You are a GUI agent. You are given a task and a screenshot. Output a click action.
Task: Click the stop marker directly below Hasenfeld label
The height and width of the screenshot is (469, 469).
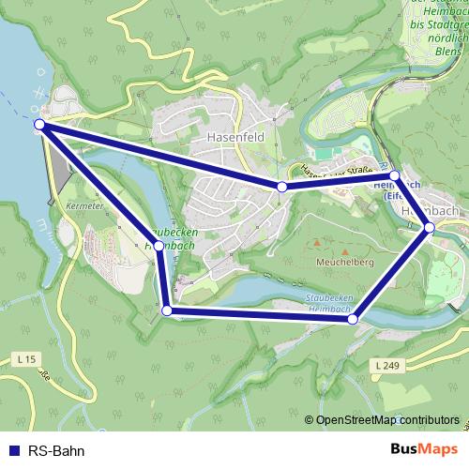coord(282,187)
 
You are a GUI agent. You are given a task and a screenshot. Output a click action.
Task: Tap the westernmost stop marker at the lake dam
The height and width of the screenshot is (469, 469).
coord(39,124)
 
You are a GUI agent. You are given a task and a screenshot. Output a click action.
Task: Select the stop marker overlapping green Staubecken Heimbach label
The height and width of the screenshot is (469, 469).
coord(160,246)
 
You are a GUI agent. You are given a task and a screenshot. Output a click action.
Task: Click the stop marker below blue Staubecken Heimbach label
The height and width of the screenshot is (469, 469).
coord(353,320)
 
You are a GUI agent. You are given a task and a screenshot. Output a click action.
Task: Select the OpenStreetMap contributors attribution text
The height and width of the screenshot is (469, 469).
coord(387,420)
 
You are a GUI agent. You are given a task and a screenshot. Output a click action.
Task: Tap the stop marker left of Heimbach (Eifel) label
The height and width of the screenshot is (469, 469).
coord(395,175)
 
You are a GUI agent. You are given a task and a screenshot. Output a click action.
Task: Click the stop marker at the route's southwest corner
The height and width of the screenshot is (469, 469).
coord(167,310)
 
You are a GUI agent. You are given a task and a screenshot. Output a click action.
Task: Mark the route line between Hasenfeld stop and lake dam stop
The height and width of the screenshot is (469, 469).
coord(159,155)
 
